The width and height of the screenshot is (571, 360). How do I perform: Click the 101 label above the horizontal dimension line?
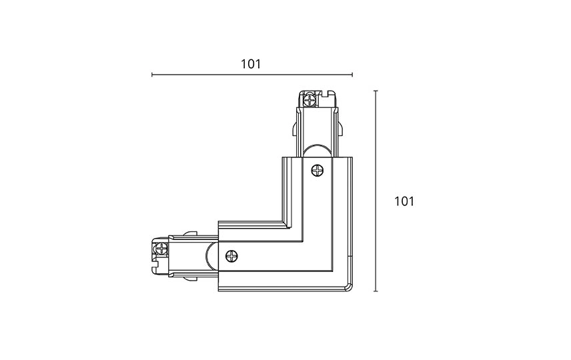[x=251, y=64]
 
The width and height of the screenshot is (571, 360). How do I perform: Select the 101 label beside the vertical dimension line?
[x=404, y=201]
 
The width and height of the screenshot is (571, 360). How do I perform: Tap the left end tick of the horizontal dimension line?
[x=152, y=75]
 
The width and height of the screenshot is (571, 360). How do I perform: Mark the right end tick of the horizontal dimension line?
[x=352, y=75]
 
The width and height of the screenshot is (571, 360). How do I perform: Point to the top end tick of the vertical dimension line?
[x=376, y=91]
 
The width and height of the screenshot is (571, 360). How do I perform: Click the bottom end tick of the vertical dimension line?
[x=376, y=291]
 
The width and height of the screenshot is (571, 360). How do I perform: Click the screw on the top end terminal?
[x=310, y=100]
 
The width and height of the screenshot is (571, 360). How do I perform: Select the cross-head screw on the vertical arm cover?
[x=317, y=171]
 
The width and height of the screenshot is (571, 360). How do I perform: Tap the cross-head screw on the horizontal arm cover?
[x=231, y=256]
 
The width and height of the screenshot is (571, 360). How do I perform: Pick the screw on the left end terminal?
[x=161, y=249]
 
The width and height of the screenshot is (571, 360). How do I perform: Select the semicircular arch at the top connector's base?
[x=317, y=151]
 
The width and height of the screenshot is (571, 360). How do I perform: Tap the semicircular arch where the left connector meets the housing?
[x=212, y=257]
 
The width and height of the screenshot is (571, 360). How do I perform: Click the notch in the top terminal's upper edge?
[x=326, y=93]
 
